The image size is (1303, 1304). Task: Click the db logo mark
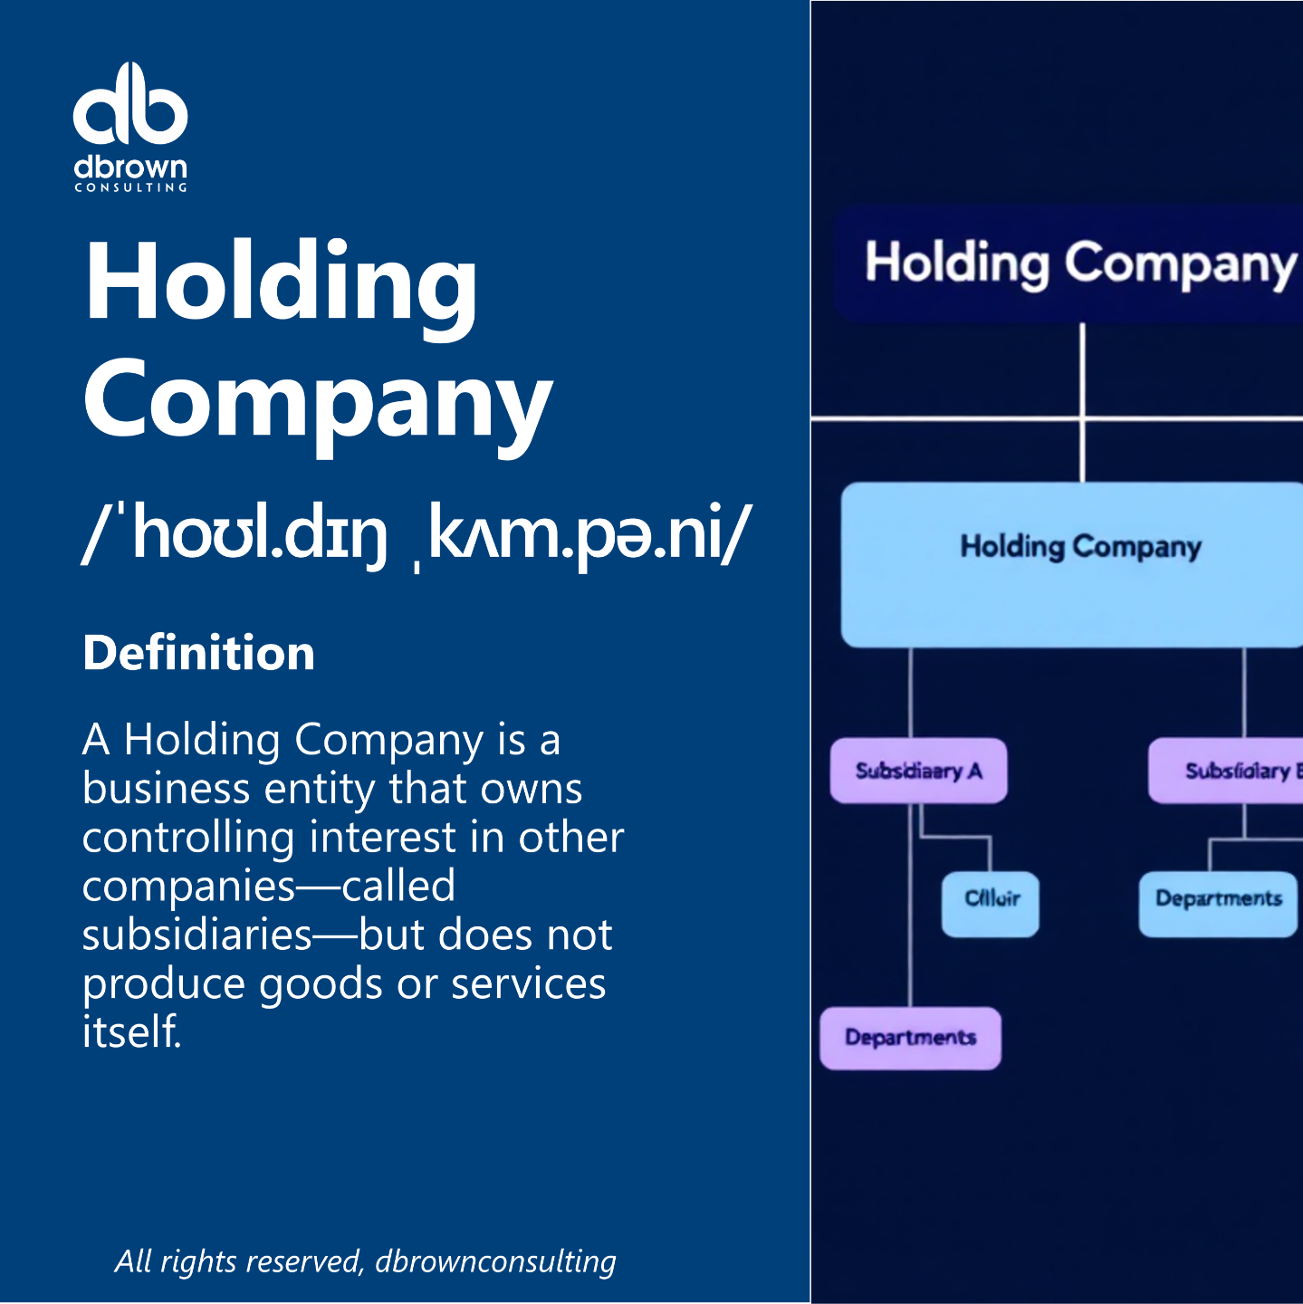coord(130,105)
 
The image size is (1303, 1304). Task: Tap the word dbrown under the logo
coord(130,168)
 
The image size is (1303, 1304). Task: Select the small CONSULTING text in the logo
coord(130,187)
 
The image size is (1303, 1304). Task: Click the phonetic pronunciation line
coord(416,534)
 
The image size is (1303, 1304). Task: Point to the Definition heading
coord(198,653)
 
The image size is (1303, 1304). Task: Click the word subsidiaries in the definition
coord(196,935)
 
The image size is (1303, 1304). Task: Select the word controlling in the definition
coord(187,838)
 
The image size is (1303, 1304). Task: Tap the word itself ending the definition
coord(131,1032)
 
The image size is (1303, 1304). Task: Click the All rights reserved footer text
coord(365,1261)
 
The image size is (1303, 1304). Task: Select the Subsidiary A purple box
coord(918,771)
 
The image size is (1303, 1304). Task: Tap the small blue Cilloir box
coord(991,903)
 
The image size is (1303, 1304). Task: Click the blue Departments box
coord(1218,903)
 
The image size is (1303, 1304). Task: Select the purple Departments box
coord(910,1038)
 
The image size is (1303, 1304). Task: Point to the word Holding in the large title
coord(281,283)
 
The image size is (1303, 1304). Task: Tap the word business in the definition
coord(166,789)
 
